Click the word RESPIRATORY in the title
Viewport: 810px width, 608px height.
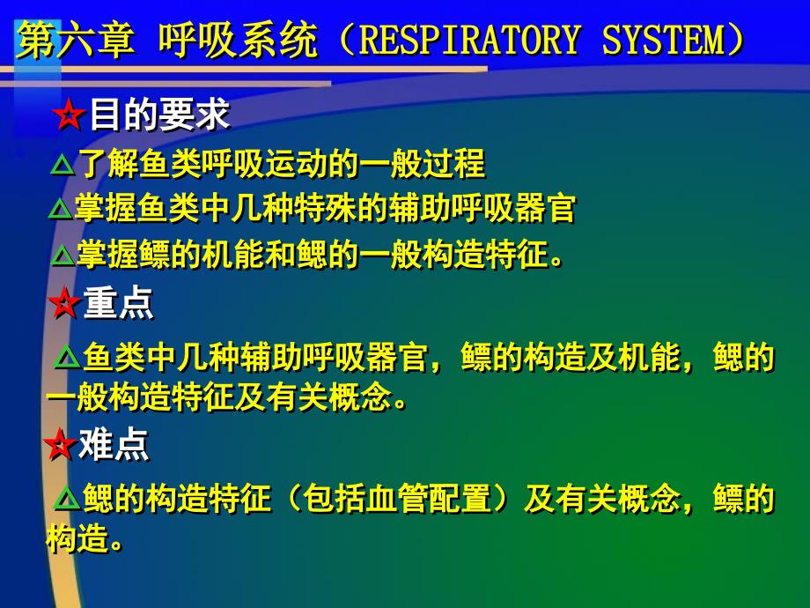[468, 40]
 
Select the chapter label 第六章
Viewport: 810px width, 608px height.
[76, 41]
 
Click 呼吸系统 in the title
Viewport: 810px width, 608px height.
[238, 41]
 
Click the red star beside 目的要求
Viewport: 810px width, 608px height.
[69, 115]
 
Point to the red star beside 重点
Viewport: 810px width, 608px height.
[64, 303]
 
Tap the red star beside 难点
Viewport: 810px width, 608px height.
[61, 444]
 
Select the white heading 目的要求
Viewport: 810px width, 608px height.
[159, 115]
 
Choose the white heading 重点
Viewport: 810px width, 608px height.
[118, 303]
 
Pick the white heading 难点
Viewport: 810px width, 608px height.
[114, 444]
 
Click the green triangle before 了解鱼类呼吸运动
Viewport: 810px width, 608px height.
[63, 165]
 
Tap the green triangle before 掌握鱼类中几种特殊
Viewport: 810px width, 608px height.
[61, 210]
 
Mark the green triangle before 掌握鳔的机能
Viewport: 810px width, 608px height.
[63, 255]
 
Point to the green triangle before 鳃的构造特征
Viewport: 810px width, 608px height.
[68, 499]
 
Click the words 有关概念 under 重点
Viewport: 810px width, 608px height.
[329, 397]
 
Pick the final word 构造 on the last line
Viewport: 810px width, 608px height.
[78, 538]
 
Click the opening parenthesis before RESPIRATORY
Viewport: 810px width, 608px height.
[344, 40]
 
